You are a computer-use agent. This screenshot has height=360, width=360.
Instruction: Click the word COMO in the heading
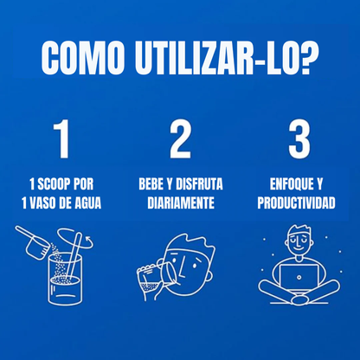click(x=84, y=59)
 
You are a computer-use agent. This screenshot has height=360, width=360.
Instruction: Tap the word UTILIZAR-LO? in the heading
click(x=223, y=59)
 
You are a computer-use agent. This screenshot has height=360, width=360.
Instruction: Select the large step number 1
click(x=61, y=139)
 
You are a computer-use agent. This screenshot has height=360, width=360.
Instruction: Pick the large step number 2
click(x=180, y=139)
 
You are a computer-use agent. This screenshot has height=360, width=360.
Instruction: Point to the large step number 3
click(x=299, y=139)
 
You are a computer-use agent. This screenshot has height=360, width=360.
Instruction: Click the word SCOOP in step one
click(x=57, y=183)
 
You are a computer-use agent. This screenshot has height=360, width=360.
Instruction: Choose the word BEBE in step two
click(x=154, y=183)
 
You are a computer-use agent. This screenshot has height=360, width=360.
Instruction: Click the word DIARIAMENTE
click(x=180, y=203)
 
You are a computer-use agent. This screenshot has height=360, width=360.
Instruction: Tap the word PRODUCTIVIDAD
click(x=299, y=203)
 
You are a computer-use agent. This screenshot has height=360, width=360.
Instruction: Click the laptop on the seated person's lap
click(x=299, y=278)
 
